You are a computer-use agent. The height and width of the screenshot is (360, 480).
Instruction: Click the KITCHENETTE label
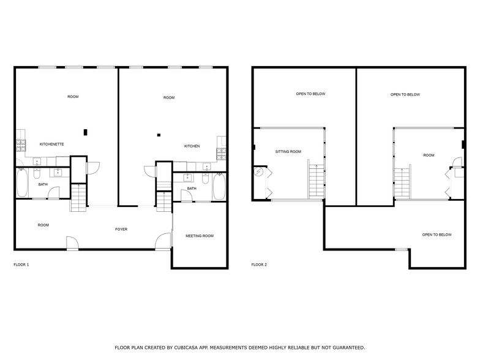tap(51, 144)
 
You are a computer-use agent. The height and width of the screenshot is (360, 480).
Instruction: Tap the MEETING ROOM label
tap(200, 236)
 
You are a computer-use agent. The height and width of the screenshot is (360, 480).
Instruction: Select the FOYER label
tap(121, 230)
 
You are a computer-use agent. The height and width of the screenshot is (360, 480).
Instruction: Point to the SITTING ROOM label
tap(288, 151)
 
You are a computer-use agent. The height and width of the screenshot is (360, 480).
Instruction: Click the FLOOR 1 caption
tap(21, 265)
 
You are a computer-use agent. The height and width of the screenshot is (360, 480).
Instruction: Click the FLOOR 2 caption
tap(259, 265)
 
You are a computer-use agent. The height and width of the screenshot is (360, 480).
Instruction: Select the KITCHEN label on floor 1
tap(192, 146)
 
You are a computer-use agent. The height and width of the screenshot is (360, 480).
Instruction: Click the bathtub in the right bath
tap(219, 187)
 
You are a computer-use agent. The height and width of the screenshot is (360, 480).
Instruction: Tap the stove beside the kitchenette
tap(20, 145)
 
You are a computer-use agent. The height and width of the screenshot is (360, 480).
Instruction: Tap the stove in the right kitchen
tap(220, 153)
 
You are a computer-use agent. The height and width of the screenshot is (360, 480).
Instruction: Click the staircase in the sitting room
tap(315, 181)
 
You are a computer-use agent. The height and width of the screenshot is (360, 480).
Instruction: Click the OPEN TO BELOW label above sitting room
tap(310, 94)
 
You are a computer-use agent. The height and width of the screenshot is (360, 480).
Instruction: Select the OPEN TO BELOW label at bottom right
tap(437, 235)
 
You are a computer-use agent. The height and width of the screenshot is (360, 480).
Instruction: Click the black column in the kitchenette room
tap(85, 131)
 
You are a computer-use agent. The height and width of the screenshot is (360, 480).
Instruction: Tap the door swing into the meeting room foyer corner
tap(162, 241)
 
